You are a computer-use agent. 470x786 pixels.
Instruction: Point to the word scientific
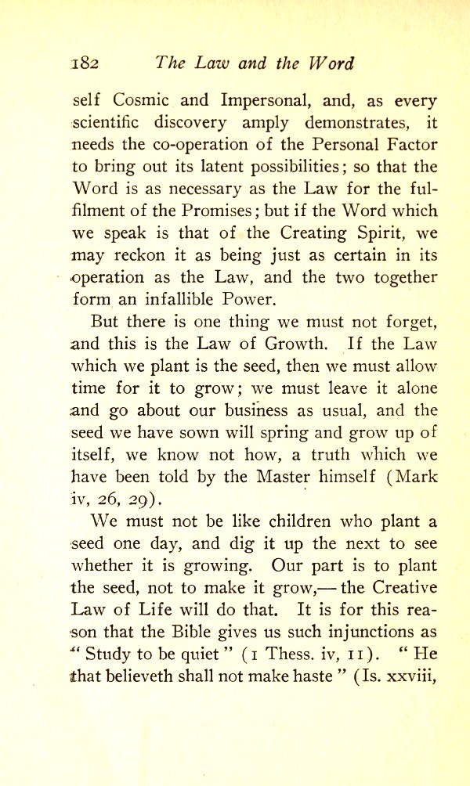tap(110, 123)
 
